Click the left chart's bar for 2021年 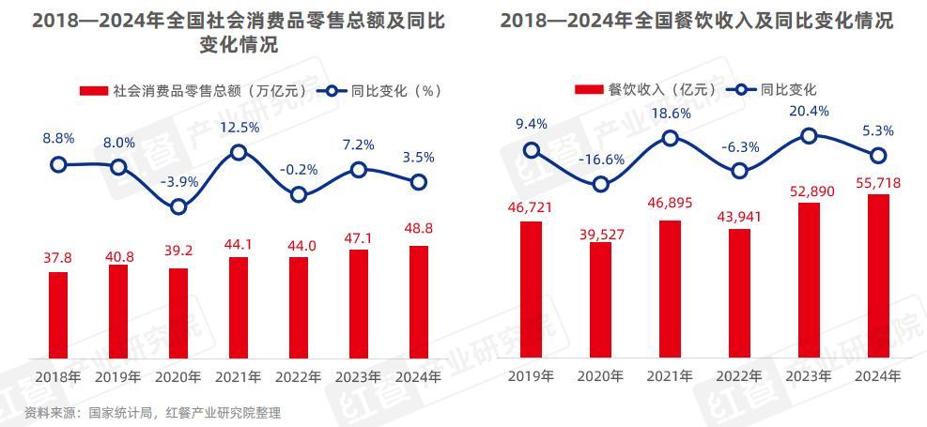[x=239, y=307]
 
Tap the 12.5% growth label [x=239, y=128]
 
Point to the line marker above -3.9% [x=178, y=207]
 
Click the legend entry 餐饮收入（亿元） [x=647, y=90]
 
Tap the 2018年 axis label [x=58, y=376]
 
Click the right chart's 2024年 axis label [x=878, y=376]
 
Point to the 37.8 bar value [x=58, y=258]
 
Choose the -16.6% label [x=601, y=159]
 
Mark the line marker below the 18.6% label [x=670, y=138]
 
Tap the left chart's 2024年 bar [x=419, y=301]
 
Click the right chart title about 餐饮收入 [x=696, y=21]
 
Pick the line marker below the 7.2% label [x=359, y=170]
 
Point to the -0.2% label [x=299, y=170]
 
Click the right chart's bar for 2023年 [x=809, y=280]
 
